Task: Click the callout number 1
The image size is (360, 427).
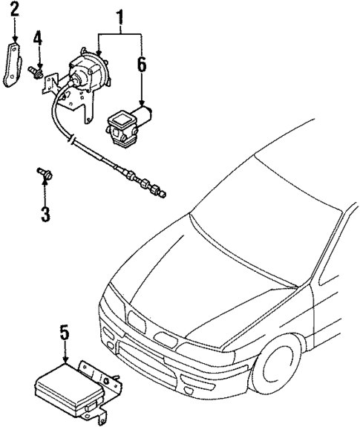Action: [120, 14]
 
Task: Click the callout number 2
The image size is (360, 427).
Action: [14, 10]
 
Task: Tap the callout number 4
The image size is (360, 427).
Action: [37, 37]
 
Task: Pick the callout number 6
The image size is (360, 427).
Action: [141, 66]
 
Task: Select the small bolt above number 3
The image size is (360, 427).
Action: [43, 175]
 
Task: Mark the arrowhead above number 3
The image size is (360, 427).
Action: [44, 185]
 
